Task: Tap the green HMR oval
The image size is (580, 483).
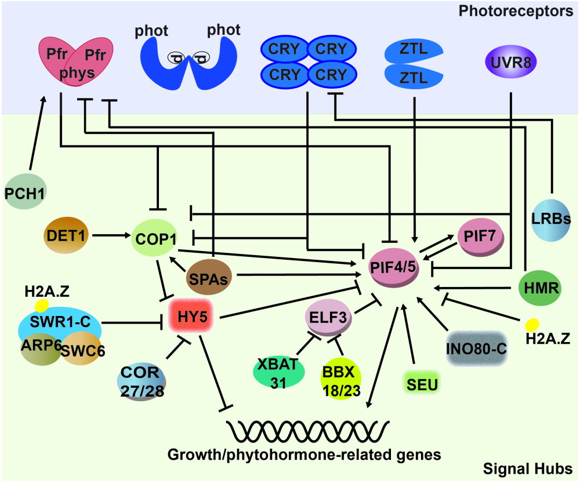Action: (x=539, y=288)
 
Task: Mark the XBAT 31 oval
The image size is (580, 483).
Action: (x=279, y=373)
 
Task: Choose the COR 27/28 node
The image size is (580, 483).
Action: (x=142, y=380)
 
